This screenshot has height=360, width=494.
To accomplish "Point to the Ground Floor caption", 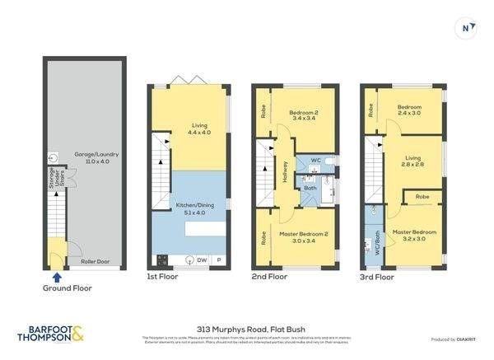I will click(68, 288).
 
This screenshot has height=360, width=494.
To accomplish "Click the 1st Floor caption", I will click(165, 278).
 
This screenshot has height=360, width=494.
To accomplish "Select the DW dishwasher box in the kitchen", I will click(202, 260).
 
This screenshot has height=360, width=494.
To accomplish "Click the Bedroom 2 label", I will click(305, 113).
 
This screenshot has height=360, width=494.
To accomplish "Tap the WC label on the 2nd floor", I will click(315, 161).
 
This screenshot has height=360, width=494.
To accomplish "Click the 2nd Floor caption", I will click(270, 278).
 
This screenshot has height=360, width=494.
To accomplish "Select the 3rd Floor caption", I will click(378, 278).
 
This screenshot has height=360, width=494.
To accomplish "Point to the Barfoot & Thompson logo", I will click(50, 334).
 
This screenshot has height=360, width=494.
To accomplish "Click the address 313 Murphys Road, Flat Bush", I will click(247, 327).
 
